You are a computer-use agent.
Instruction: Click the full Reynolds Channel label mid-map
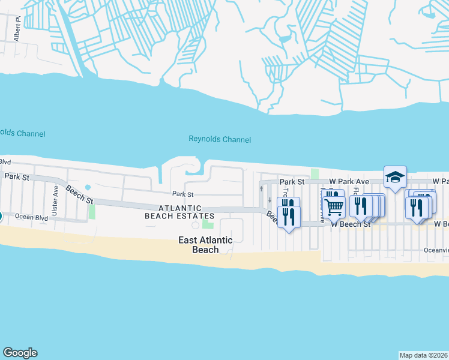(220, 140)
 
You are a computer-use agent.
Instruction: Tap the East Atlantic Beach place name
(205, 245)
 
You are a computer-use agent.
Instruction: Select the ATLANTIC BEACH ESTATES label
(179, 211)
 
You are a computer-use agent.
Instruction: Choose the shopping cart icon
(334, 206)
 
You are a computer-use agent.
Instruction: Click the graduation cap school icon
(395, 177)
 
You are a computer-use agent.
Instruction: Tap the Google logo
(20, 353)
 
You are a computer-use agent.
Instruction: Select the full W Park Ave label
(349, 181)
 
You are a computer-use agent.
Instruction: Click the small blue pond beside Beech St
(88, 187)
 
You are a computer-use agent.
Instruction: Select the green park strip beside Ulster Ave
(92, 212)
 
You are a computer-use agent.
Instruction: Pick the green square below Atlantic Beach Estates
(208, 224)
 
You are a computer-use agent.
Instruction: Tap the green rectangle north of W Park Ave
(315, 174)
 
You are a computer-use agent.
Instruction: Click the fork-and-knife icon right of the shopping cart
(359, 206)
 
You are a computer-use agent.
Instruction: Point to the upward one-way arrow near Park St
(261, 188)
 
